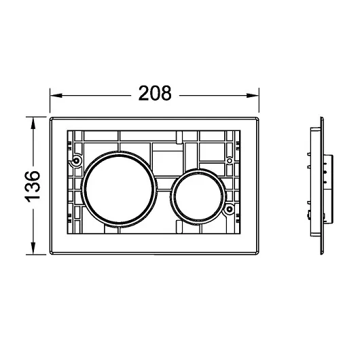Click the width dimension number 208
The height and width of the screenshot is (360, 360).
[x=155, y=93]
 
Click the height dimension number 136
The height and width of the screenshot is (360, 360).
[x=33, y=187]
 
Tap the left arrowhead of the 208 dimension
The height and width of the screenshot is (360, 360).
[x=56, y=95]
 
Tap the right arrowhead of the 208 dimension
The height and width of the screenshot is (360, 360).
[x=253, y=95]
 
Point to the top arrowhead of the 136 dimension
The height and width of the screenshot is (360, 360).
[x=33, y=123]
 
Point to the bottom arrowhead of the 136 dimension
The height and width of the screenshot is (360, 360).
[x=33, y=249]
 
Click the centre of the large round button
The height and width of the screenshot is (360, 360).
[x=119, y=190]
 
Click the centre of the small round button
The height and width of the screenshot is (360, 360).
[x=198, y=197]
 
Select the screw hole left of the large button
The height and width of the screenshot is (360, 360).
[x=76, y=160]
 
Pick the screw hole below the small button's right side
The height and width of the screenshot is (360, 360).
[x=229, y=209]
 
